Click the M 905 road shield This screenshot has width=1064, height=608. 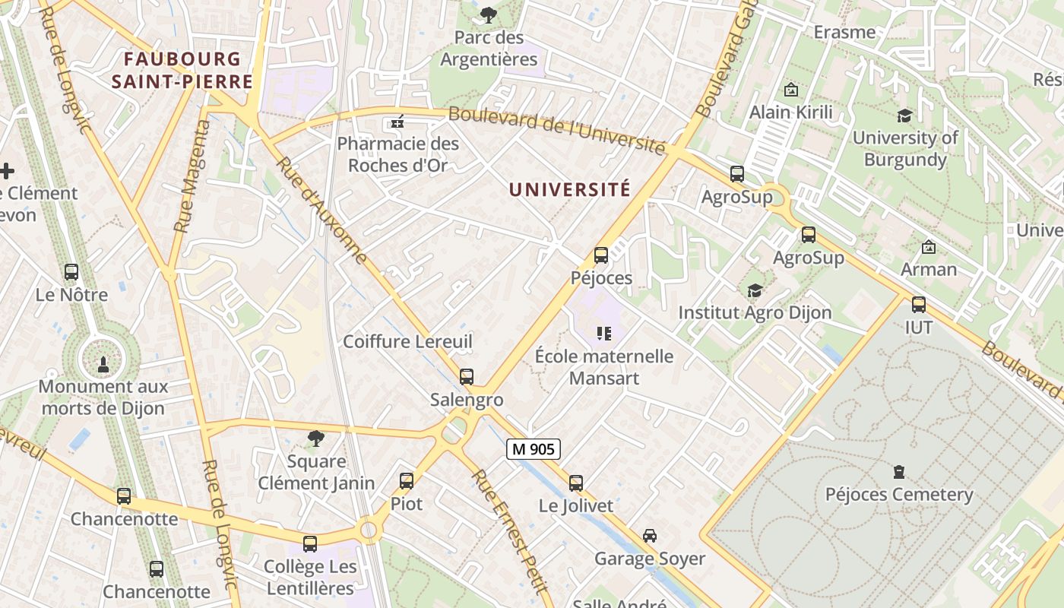(x=534, y=449)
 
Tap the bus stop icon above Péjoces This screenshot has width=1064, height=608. (x=601, y=255)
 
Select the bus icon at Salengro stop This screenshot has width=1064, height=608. (x=467, y=377)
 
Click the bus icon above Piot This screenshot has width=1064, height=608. (x=407, y=480)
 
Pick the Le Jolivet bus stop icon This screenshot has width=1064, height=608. (x=576, y=483)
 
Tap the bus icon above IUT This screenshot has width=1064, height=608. (x=919, y=305)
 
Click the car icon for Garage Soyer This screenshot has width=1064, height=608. (x=650, y=536)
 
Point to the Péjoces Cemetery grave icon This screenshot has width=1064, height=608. (x=899, y=472)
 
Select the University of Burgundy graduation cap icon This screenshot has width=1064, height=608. (x=904, y=116)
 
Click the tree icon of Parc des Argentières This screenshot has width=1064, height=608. (x=489, y=14)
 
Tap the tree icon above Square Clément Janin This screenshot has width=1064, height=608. (x=316, y=439)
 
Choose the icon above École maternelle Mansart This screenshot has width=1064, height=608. (x=604, y=333)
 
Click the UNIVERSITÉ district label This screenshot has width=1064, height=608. (x=570, y=189)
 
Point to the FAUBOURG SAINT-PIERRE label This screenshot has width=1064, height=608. (x=182, y=70)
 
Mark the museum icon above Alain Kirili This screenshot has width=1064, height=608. (x=790, y=90)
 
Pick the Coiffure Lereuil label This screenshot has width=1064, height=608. (x=407, y=341)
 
